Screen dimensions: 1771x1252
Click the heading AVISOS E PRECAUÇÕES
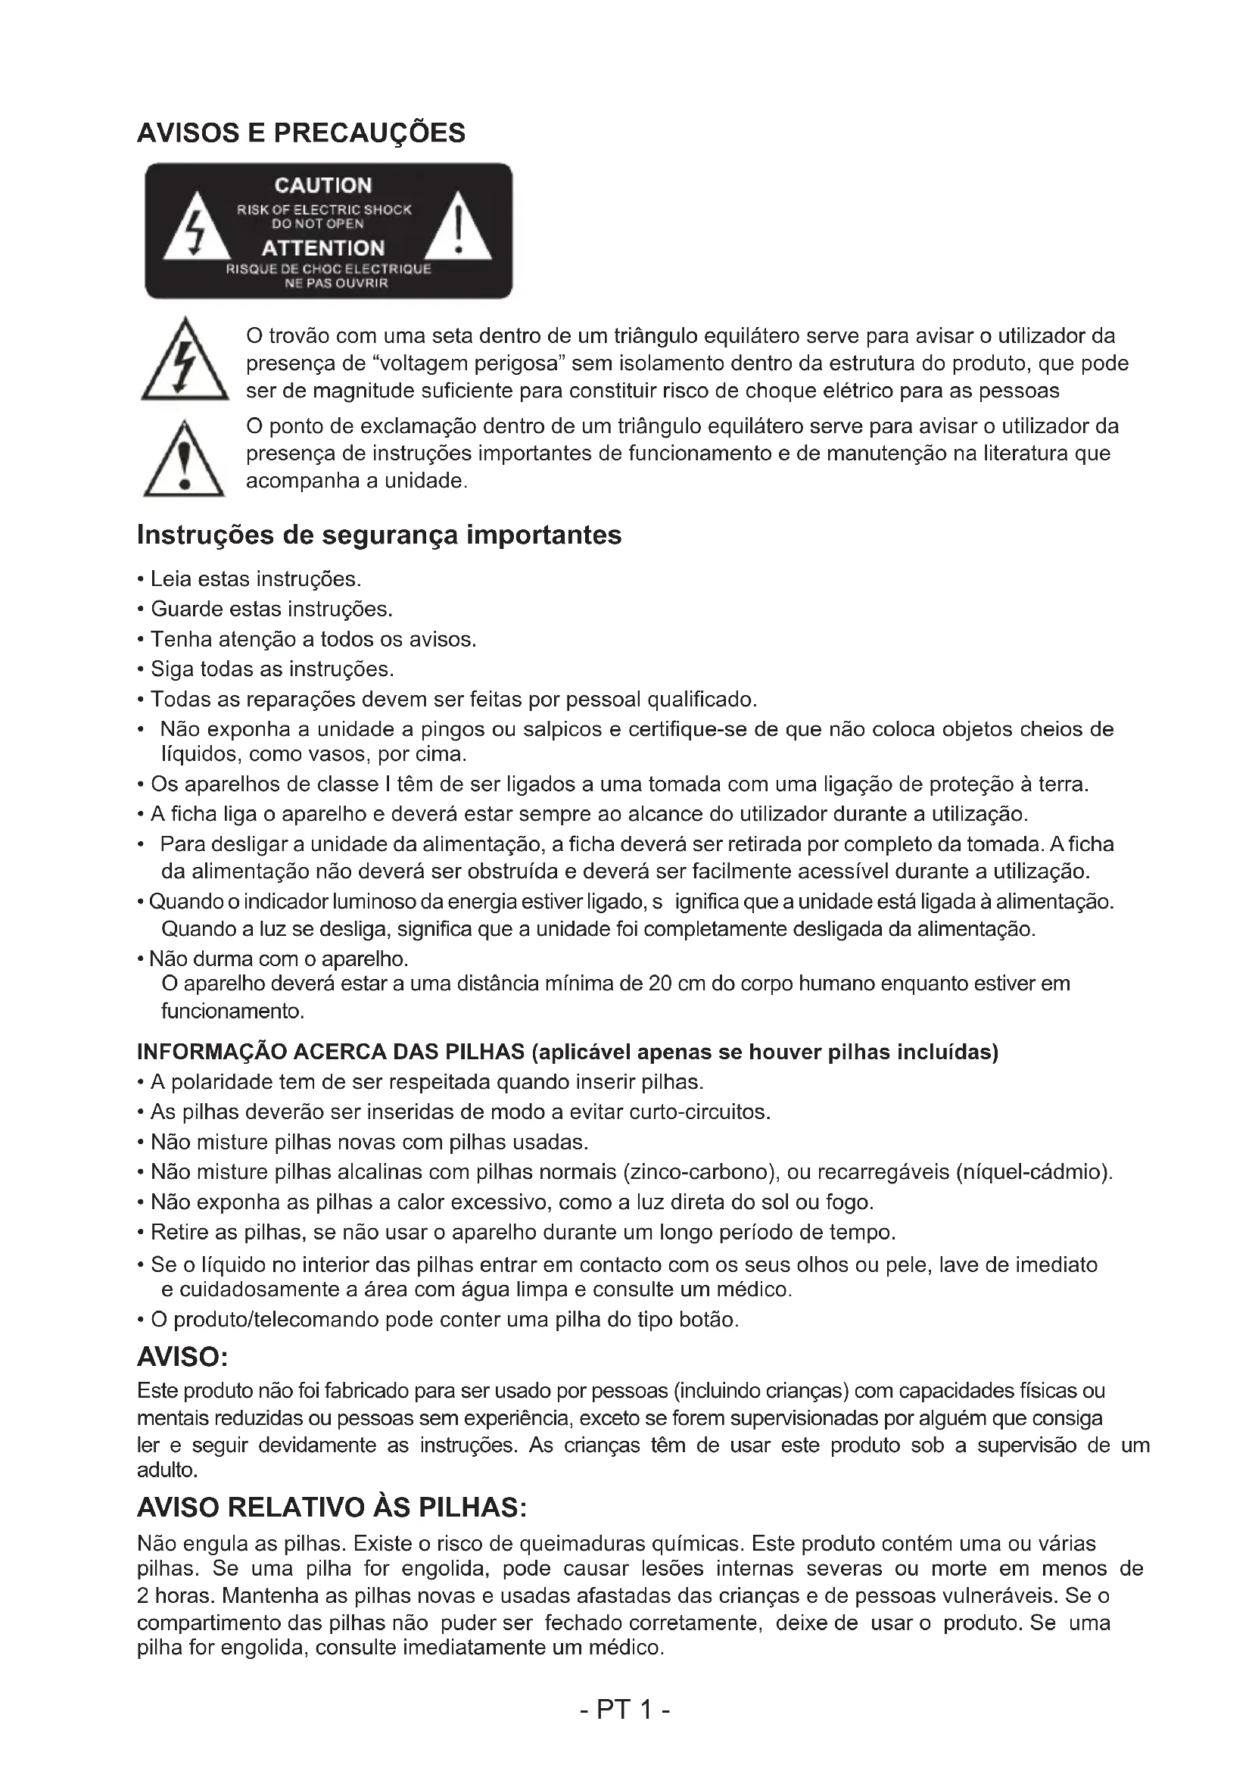(301, 133)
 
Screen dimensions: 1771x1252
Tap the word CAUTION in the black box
(323, 186)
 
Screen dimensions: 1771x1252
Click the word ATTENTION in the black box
(323, 248)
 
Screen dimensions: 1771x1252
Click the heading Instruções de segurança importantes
(378, 535)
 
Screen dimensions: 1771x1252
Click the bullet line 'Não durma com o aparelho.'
(279, 959)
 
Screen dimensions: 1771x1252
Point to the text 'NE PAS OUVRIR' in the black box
(329, 284)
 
